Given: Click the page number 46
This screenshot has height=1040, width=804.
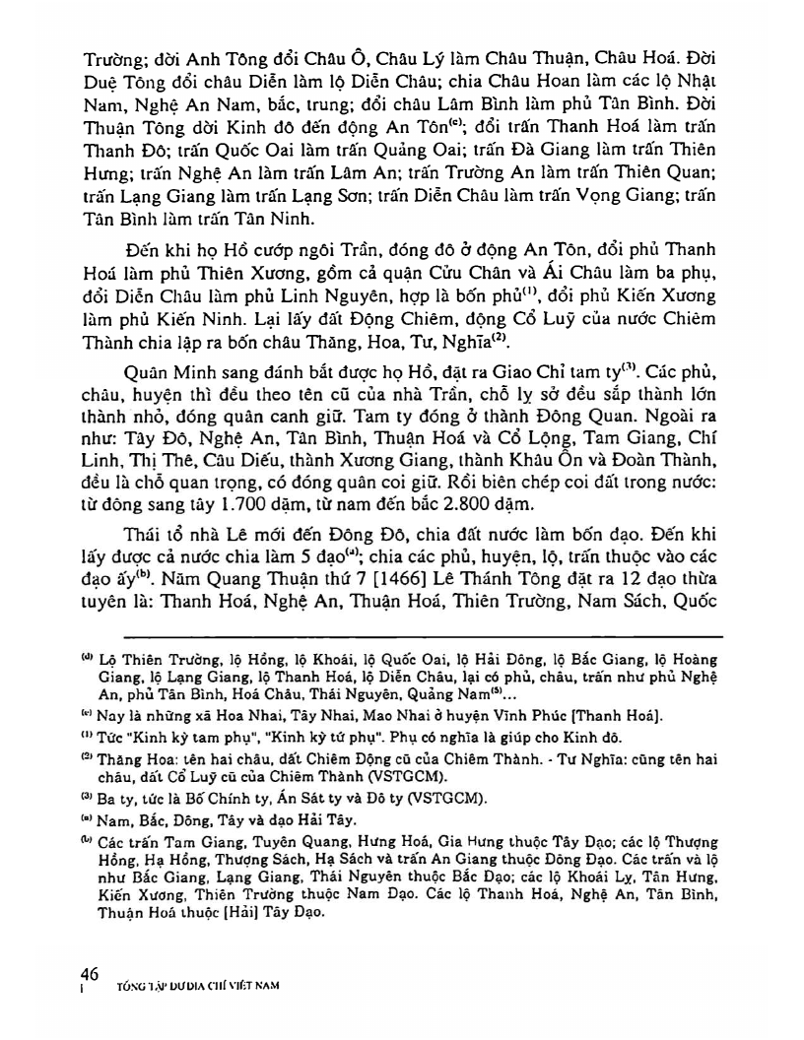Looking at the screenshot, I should [90, 973].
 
